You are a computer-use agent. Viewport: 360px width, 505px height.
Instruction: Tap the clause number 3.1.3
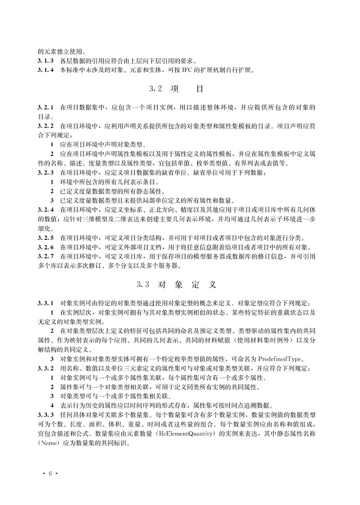(46, 61)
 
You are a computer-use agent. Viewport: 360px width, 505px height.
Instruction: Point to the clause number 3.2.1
(46, 107)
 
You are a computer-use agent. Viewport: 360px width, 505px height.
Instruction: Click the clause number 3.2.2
(46, 128)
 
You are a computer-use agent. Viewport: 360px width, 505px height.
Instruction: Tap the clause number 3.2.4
(46, 209)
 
